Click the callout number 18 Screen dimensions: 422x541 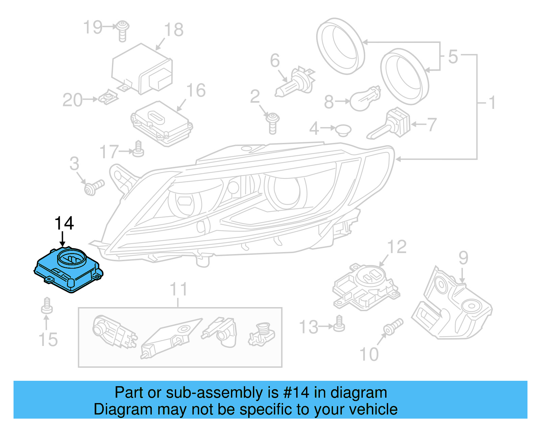coord(174,30)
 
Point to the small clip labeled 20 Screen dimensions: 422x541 coord(109,98)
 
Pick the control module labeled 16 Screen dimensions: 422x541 coord(162,123)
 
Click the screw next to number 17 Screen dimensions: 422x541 coord(138,150)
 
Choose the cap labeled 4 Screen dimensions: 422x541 coord(343,130)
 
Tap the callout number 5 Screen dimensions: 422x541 coord(453,56)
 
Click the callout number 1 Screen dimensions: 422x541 coord(492,102)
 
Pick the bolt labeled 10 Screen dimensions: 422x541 coord(393,326)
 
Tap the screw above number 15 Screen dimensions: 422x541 coord(47,306)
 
